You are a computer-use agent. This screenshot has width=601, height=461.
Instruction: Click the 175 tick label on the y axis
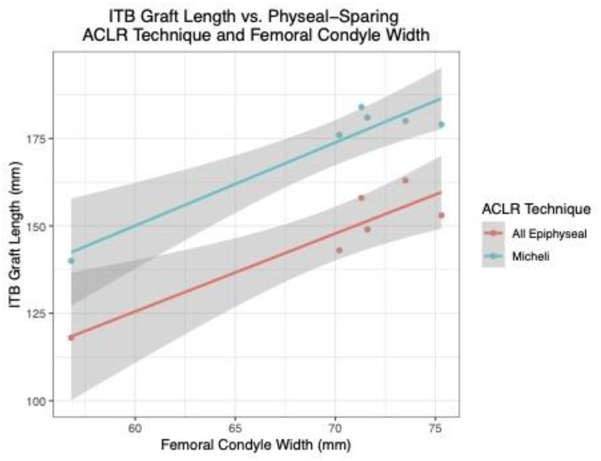[x=36, y=139]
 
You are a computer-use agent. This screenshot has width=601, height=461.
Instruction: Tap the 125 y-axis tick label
[x=36, y=314]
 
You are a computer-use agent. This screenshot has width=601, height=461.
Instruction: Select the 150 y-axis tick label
[x=36, y=226]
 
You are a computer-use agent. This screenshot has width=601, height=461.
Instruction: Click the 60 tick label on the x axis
[x=135, y=428]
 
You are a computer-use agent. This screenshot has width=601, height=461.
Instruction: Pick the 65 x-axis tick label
[x=235, y=428]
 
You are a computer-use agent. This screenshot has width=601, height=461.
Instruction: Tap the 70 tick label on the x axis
[x=335, y=428]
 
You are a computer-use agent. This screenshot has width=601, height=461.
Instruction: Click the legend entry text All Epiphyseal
[x=549, y=234]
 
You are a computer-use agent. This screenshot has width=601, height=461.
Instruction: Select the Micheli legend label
[x=531, y=257]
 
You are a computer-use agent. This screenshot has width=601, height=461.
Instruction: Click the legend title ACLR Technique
[x=536, y=209]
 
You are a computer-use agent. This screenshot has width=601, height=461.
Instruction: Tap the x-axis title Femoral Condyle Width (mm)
[x=256, y=445]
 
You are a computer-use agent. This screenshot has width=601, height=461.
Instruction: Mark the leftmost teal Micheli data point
[x=71, y=261]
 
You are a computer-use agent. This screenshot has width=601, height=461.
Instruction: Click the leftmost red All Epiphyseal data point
[x=71, y=338]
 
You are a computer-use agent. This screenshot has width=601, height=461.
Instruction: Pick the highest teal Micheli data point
[x=361, y=107]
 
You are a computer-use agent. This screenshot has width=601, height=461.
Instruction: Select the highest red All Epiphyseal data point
[x=405, y=180]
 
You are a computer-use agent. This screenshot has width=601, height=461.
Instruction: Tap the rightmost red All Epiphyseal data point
[x=441, y=215]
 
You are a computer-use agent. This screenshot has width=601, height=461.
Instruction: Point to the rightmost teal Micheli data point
[x=441, y=125]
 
